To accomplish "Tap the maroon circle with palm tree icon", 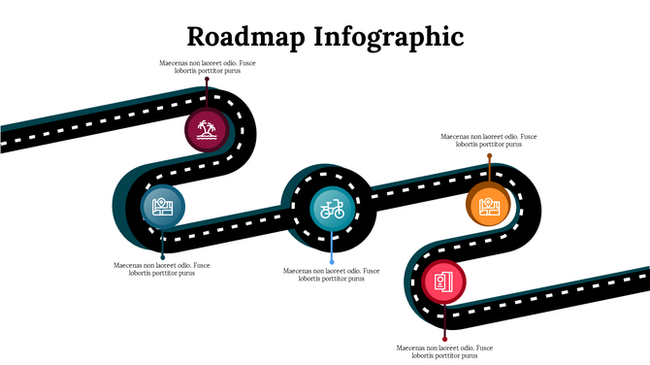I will (206, 129).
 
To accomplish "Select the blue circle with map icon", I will (163, 206).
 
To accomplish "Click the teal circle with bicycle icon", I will (332, 207).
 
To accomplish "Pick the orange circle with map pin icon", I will (489, 205).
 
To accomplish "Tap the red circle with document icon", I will (444, 282).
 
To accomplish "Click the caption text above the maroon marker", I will (208, 67).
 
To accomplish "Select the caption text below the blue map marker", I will (161, 269).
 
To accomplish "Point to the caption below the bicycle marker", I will (331, 275).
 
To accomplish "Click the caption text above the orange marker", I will (489, 141).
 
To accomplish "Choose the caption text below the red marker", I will (444, 351).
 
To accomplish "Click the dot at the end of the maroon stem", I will (207, 81).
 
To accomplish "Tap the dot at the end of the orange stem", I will (489, 155).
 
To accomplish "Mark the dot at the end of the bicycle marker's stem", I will (332, 262).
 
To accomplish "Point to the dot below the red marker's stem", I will (444, 338).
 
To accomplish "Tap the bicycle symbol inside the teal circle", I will (332, 207).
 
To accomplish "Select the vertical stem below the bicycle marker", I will (332, 246).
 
